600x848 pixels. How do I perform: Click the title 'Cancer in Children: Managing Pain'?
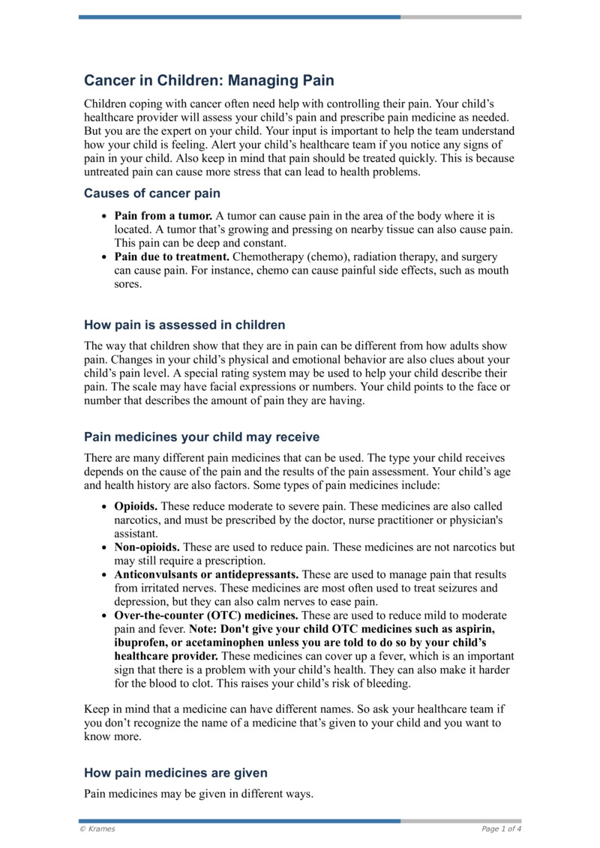[x=209, y=80]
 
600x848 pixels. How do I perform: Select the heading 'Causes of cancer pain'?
[x=152, y=193]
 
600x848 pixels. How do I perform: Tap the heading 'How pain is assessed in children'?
[x=184, y=325]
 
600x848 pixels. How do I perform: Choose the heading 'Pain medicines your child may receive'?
[x=202, y=436]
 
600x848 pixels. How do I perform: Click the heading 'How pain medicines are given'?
[x=175, y=772]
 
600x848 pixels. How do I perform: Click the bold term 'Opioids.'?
[x=136, y=507]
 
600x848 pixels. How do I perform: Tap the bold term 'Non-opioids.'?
[x=147, y=548]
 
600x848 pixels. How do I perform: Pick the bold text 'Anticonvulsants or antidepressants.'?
[x=205, y=575]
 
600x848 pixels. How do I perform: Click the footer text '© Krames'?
[x=97, y=829]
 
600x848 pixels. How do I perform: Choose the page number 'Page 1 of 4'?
[x=501, y=829]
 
